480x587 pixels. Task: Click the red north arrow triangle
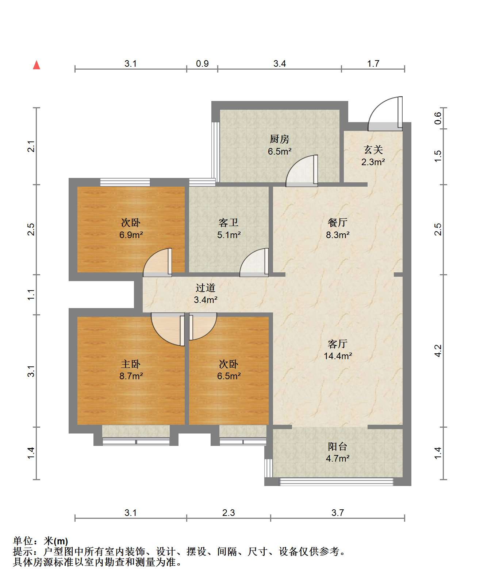click(x=37, y=65)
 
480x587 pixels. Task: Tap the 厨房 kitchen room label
click(x=279, y=139)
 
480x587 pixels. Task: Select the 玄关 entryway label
click(x=373, y=150)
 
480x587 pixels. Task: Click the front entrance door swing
click(x=385, y=113)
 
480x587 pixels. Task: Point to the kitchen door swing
click(x=302, y=171)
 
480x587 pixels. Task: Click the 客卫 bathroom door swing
click(x=254, y=262)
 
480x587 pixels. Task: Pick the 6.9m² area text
click(x=131, y=235)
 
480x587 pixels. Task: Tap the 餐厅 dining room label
click(x=338, y=222)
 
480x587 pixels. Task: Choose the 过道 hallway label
click(x=206, y=288)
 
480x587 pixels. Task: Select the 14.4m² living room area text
click(x=338, y=356)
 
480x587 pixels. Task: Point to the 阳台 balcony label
click(x=338, y=447)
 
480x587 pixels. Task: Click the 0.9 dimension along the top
click(x=202, y=63)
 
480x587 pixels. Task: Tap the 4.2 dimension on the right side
click(x=438, y=350)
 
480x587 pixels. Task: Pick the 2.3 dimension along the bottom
click(x=229, y=513)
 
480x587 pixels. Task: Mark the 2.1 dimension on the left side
click(x=31, y=146)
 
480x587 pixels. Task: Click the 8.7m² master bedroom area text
click(x=131, y=376)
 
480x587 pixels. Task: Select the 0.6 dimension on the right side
click(x=438, y=118)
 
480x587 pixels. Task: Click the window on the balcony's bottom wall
click(x=337, y=481)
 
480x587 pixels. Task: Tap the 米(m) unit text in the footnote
click(x=56, y=541)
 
